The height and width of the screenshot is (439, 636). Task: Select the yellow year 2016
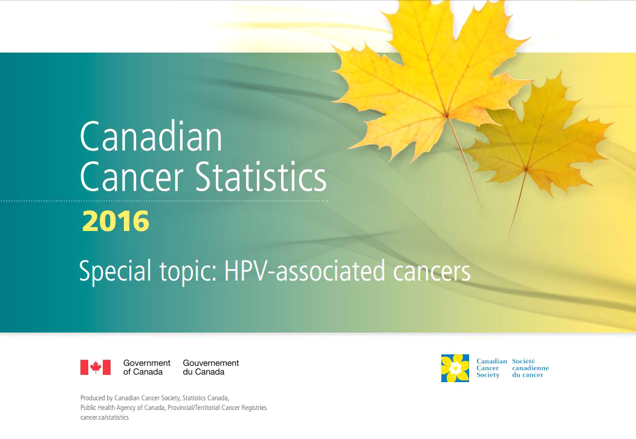(115, 222)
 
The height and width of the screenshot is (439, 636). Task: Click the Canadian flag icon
(96, 367)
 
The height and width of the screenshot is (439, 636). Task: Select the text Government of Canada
(146, 367)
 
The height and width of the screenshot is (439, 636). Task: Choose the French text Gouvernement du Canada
(211, 367)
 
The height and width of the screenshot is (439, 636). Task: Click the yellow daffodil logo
(455, 368)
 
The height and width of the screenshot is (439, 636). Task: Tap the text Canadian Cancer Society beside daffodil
(491, 368)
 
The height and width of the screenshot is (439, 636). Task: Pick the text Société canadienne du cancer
(530, 368)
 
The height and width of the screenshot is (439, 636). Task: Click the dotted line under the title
(181, 201)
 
